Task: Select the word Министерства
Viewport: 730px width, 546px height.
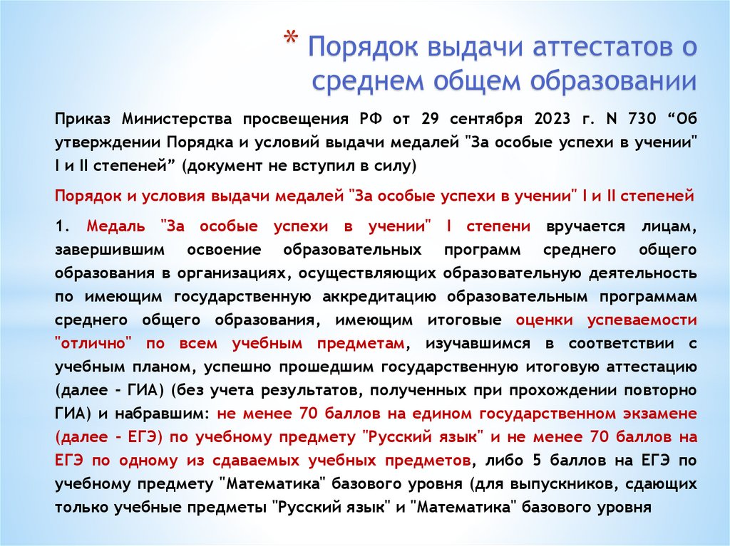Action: click(175, 117)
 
